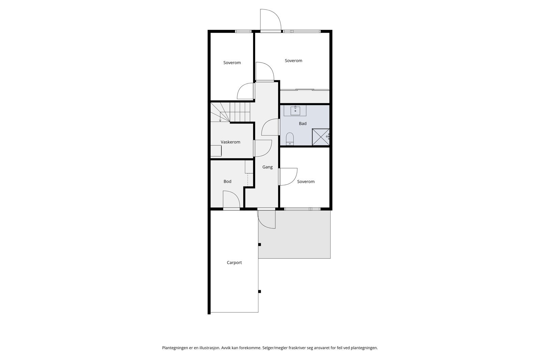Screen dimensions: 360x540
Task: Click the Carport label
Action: coord(234,262)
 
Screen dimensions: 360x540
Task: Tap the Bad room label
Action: coord(303,123)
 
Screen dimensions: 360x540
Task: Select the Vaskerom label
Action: coord(231,142)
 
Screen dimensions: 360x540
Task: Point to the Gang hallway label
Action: coord(268,167)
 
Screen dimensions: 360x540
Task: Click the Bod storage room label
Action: coord(227,182)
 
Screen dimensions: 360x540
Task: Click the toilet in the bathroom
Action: coord(290,139)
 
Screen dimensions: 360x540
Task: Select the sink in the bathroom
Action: coord(295,110)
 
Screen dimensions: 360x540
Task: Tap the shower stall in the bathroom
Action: coord(320,137)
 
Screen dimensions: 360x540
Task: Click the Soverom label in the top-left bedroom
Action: coord(232,63)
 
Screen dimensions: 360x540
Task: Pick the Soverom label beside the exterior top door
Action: coord(294,61)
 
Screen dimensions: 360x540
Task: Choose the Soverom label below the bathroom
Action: coord(306,182)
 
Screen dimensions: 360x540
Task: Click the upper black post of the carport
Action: coord(260,244)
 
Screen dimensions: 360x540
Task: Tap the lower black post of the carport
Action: coord(260,292)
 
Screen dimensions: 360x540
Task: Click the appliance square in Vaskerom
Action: coord(216,151)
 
